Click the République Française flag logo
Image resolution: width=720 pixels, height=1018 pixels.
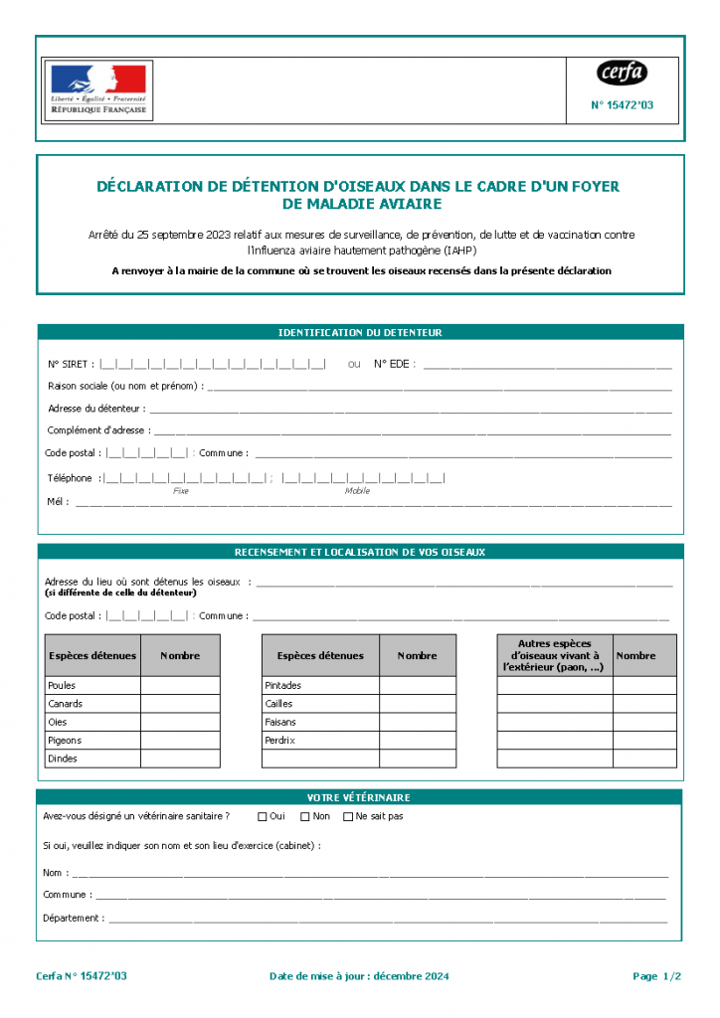click(97, 89)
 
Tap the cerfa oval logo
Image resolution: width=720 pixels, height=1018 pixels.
click(622, 73)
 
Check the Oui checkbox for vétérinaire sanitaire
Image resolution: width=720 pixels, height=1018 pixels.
click(263, 817)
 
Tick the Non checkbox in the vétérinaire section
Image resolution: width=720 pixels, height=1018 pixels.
click(305, 817)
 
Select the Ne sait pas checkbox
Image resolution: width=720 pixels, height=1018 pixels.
click(348, 817)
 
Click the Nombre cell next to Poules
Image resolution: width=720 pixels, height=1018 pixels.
click(180, 685)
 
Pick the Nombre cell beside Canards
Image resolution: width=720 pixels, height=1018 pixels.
click(180, 704)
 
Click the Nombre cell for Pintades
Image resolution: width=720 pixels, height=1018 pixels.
click(418, 685)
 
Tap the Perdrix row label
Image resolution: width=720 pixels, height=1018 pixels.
click(280, 741)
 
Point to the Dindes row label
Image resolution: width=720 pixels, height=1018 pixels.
click(62, 759)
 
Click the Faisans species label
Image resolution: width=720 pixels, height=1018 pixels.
click(280, 722)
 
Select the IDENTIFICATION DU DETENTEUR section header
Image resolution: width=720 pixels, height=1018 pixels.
click(360, 333)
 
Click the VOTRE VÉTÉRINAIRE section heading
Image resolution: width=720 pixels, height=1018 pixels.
click(360, 797)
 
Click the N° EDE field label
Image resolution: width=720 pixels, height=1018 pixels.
click(394, 364)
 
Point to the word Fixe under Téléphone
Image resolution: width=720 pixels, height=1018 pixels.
click(181, 491)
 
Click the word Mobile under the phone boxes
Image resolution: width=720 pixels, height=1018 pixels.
click(357, 491)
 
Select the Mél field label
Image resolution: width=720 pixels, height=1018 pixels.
click(58, 502)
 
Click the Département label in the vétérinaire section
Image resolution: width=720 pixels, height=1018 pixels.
click(73, 918)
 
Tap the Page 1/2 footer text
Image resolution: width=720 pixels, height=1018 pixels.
click(656, 976)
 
